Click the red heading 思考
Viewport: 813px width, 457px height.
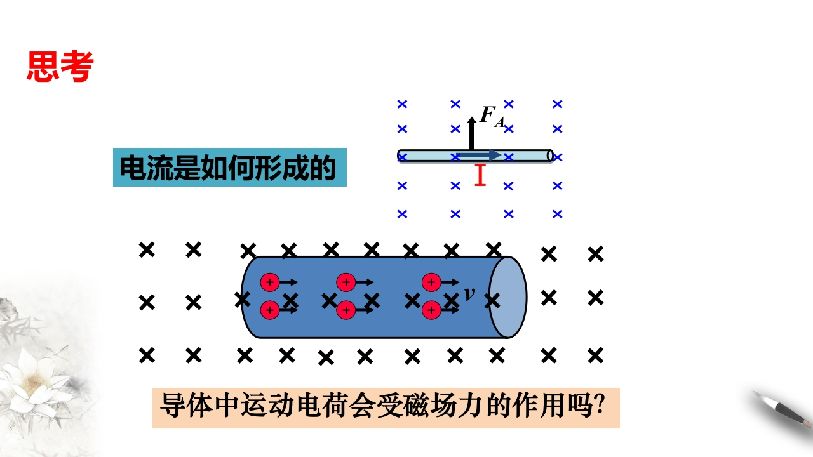point(60,66)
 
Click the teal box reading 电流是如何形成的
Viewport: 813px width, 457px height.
point(229,167)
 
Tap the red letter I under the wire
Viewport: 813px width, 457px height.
point(480,175)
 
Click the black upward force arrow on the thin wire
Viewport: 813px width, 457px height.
point(471,133)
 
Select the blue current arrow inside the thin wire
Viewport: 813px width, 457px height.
point(480,155)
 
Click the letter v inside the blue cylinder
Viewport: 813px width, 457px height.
point(470,293)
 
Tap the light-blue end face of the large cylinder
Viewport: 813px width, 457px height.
point(507,297)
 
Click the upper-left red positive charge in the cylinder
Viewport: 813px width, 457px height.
point(269,282)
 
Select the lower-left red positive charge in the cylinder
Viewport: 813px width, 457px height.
point(269,310)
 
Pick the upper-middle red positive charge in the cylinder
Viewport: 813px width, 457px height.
point(346,282)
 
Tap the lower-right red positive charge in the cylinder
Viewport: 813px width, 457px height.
point(432,310)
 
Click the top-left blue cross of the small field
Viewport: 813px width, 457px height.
point(402,103)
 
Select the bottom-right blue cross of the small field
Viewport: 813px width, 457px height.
point(557,214)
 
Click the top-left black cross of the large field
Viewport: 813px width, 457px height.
point(147,250)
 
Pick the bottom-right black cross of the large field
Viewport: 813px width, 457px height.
point(595,355)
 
